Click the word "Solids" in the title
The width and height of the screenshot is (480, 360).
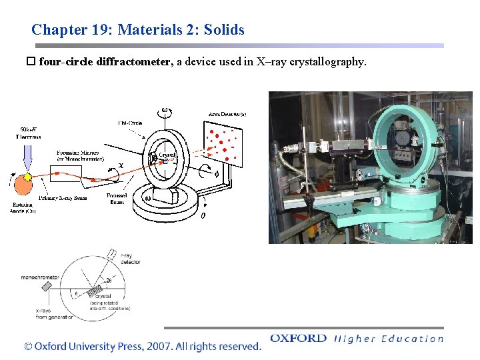tap(223, 30)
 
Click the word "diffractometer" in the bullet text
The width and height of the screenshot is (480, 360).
tap(134, 62)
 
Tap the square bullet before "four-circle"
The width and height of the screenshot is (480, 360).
tap(30, 62)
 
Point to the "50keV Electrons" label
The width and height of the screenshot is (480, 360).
tap(29, 133)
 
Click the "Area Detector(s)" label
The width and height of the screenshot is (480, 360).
tap(227, 114)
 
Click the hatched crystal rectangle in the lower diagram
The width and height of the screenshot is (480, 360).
tap(101, 291)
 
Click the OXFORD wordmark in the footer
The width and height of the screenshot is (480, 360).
tap(298, 339)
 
